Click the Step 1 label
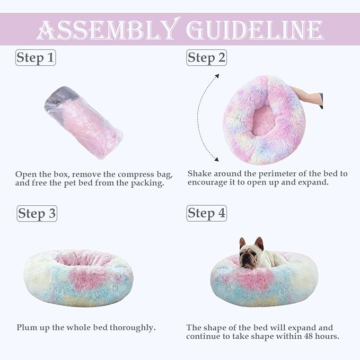pyautogui.click(x=35, y=58)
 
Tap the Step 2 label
pyautogui.click(x=206, y=58)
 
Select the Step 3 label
pyautogui.click(x=37, y=214)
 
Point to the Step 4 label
pyautogui.click(x=206, y=214)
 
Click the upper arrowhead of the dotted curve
pyautogui.click(x=216, y=76)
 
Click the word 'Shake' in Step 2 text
pyautogui.click(x=200, y=174)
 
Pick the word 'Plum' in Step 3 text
pyautogui.click(x=27, y=328)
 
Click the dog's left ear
pyautogui.click(x=242, y=243)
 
